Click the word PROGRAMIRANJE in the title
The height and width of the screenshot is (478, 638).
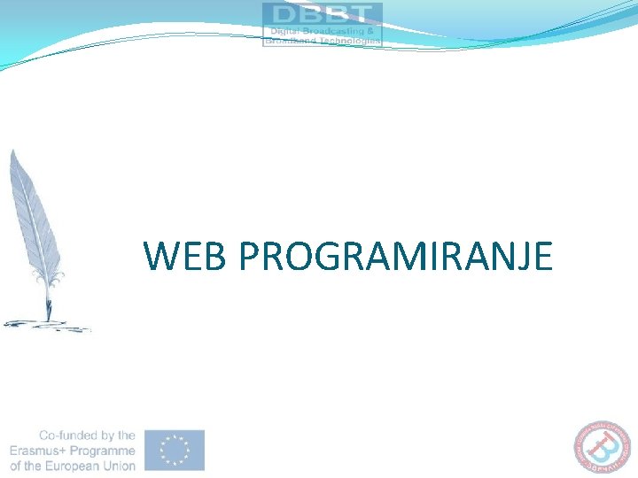click(396, 256)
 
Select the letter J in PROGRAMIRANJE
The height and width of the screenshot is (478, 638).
click(516, 257)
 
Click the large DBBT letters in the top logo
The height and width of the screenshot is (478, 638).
click(323, 15)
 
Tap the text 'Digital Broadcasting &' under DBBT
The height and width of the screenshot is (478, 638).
click(323, 31)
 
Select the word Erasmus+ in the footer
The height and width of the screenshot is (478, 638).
click(37, 451)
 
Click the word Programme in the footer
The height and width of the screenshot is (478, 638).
click(103, 451)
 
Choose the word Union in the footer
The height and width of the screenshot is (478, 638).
click(117, 466)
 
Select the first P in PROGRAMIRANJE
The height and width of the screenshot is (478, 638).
click(249, 256)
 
